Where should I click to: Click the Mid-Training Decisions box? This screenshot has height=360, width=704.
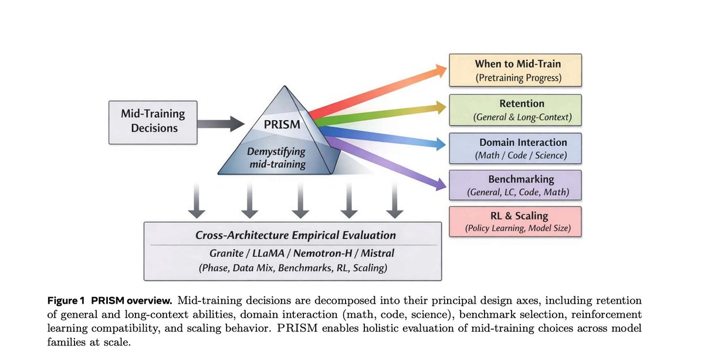(x=153, y=123)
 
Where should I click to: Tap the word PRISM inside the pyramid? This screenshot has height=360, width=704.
(x=282, y=124)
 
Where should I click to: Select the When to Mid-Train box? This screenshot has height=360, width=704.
(x=515, y=70)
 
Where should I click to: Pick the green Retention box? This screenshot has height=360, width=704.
(x=515, y=110)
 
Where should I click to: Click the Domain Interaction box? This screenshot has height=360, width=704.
(x=515, y=148)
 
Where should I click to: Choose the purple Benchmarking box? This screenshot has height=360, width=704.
(x=515, y=185)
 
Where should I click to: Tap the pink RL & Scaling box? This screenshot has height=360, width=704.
(x=515, y=222)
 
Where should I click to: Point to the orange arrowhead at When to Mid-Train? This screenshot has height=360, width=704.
(x=440, y=70)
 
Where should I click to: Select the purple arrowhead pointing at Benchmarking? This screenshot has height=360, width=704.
(x=440, y=184)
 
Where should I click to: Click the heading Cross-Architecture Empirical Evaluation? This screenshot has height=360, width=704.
(x=296, y=235)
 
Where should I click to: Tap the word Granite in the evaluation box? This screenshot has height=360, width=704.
(x=226, y=253)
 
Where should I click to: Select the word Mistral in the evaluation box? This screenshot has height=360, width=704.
(x=377, y=253)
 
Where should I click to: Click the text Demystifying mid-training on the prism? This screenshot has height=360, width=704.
(x=276, y=158)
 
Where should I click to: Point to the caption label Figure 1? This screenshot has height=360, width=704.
(x=66, y=301)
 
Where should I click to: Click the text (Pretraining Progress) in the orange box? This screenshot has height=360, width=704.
(x=518, y=78)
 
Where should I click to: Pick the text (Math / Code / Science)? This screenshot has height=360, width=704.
(x=521, y=155)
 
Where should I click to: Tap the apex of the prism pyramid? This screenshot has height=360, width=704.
(x=285, y=86)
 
